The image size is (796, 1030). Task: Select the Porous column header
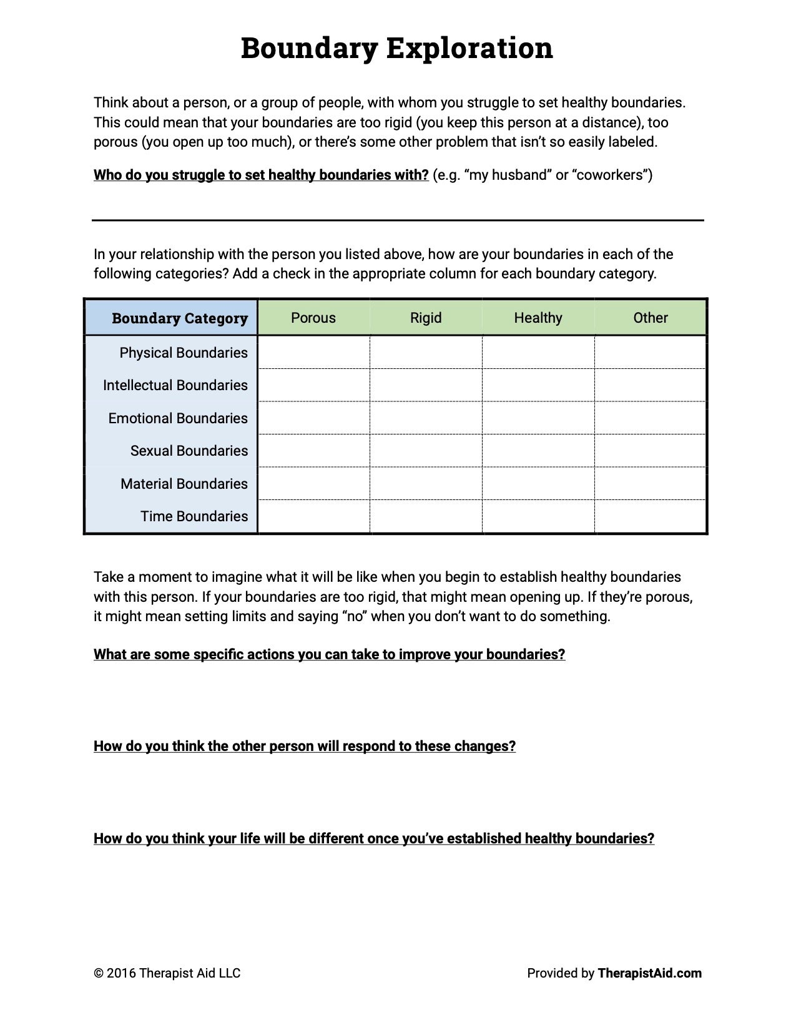point(313,318)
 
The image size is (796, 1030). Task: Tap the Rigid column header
point(426,318)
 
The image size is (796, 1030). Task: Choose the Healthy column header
point(538,318)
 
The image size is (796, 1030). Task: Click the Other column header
point(651,318)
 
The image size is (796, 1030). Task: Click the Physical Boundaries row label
point(184,353)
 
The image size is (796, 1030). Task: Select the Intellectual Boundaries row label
point(175,385)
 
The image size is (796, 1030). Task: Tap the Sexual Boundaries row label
point(189,451)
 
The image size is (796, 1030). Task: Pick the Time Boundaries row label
point(194,516)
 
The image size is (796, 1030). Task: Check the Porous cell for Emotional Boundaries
point(313,418)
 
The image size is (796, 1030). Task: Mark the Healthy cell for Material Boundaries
point(538,483)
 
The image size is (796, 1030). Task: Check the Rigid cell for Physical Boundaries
point(426,352)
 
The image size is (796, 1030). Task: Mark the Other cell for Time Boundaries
point(651,516)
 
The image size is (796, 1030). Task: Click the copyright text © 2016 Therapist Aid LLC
point(167,973)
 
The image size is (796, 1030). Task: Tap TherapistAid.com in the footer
point(649,973)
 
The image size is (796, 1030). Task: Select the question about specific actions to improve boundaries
point(329,654)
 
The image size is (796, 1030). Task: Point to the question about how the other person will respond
point(305,746)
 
